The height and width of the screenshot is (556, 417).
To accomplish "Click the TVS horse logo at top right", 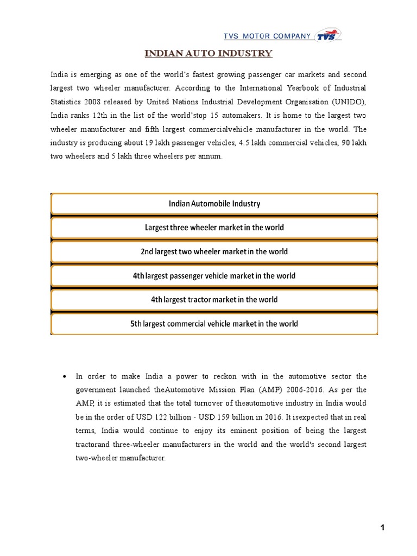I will [329, 36].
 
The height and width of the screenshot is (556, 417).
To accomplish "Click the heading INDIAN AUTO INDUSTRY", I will [208, 53].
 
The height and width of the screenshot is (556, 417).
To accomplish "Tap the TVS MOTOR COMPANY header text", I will [267, 36].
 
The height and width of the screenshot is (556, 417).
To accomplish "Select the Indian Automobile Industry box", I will [214, 204].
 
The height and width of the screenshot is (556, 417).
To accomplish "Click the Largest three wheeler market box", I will [214, 228].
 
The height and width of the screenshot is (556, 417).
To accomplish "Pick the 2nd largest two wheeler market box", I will [214, 251].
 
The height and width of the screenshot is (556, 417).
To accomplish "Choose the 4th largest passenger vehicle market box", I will [214, 276].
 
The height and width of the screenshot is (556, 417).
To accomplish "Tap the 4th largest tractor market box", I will [214, 300].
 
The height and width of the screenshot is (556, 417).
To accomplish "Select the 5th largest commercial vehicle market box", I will [214, 324].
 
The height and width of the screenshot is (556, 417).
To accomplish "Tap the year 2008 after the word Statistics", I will [91, 102].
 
